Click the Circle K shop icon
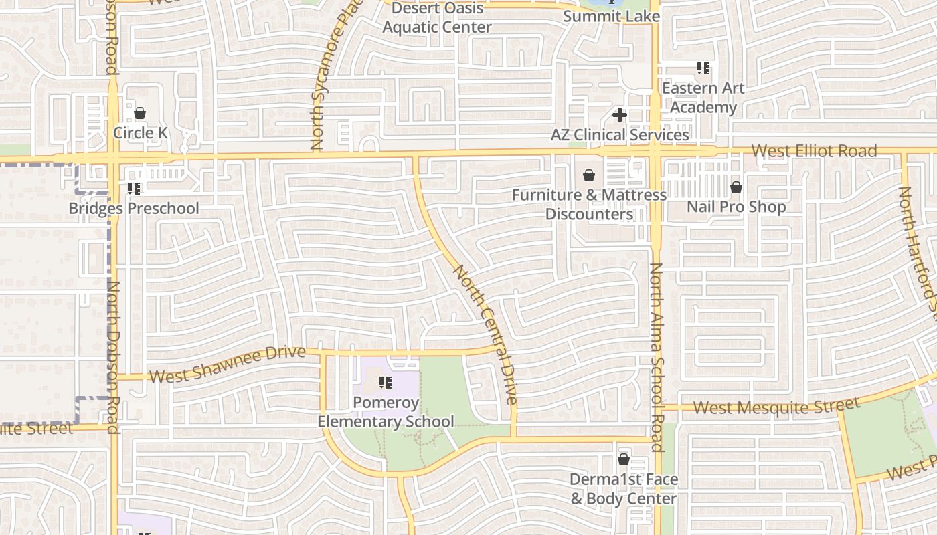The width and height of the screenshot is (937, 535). pos(140,113)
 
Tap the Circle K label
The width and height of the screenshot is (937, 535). pos(140,133)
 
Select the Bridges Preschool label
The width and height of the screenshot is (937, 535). pos(134,209)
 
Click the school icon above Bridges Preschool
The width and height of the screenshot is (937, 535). pos(134,189)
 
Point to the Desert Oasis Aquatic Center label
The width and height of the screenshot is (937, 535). pos(437,18)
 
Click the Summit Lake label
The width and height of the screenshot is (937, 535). pos(611,17)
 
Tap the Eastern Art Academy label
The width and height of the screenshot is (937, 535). pos(703,98)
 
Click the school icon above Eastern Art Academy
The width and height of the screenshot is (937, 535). pos(703,68)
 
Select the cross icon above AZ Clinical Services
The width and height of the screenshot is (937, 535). pos(620,115)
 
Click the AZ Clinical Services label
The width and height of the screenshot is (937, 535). pos(620,135)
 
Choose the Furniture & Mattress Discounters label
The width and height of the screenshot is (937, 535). pos(589,205)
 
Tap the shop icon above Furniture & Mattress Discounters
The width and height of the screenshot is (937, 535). pos(589,175)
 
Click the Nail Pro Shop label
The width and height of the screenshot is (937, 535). pos(736,207)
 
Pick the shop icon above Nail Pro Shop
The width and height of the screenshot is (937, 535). pos(736,187)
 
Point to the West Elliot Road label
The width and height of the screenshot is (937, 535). pos(814,151)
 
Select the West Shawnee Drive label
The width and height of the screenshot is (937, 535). pos(228,364)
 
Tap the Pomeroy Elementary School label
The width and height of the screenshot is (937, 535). pos(386,412)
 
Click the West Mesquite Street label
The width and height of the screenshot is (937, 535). pos(776,406)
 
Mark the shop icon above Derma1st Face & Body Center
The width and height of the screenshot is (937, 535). pos(624,460)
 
